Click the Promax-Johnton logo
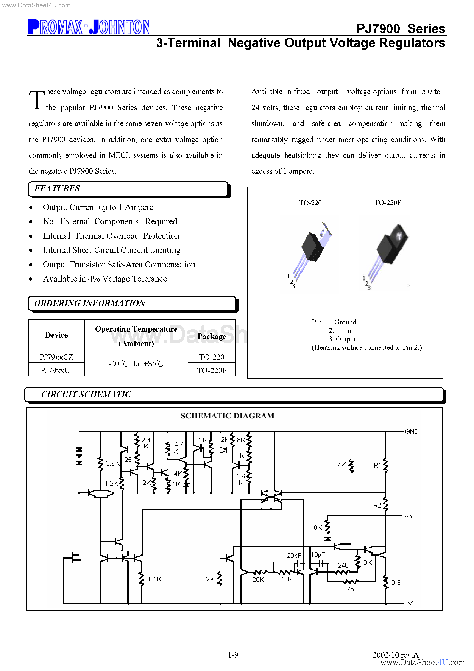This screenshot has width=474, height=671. coord(88,27)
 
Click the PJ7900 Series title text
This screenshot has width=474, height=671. coord(400,29)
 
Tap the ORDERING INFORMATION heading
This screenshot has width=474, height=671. coord(90,303)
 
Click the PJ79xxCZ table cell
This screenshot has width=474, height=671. coord(56,357)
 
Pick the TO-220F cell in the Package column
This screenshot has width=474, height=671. coord(212,370)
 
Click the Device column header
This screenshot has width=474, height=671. coord(56,335)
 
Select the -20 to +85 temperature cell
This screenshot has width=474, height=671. coord(136,363)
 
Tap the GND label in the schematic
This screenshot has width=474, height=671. coord(411,431)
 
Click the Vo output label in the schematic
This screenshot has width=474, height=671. coord(408,516)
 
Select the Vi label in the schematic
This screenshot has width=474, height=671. coord(411,604)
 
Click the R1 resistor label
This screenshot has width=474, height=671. coord(377,465)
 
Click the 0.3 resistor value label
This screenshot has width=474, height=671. coord(396,583)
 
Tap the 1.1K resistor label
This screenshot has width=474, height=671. coord(154,579)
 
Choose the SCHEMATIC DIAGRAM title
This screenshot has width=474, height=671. coord(227,416)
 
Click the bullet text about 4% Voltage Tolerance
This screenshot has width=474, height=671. coord(105,279)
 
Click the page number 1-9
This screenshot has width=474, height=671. coord(233,655)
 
